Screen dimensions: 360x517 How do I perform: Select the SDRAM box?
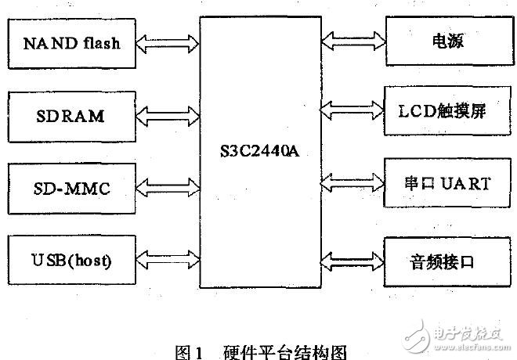71,117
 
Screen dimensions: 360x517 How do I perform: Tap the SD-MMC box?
71,189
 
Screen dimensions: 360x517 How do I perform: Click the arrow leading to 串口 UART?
352,183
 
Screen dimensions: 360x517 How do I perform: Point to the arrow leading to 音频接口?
352,257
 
